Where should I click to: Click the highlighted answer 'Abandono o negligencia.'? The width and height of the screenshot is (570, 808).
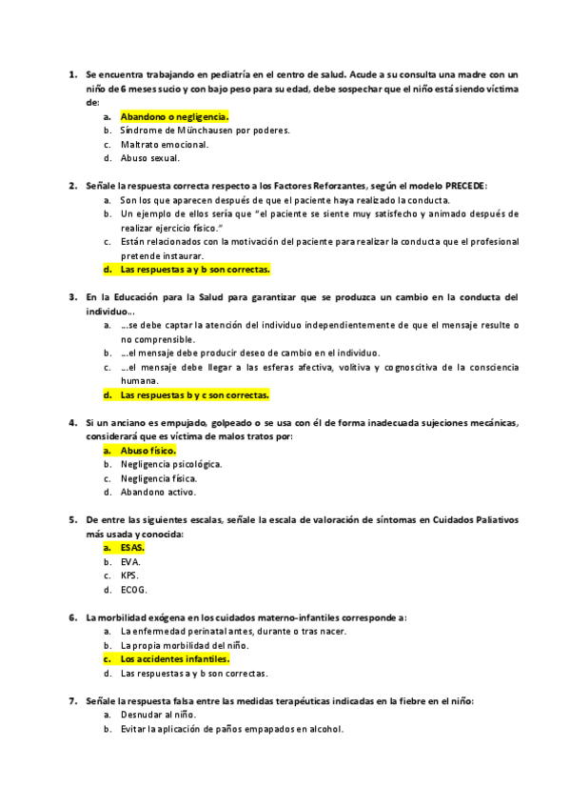pyautogui.click(x=175, y=116)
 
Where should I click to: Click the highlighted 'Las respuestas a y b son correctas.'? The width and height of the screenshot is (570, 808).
pyautogui.click(x=195, y=270)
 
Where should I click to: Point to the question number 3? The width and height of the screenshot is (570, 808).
pyautogui.click(x=73, y=296)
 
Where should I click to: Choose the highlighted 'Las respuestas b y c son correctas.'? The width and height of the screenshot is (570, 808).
pyautogui.click(x=195, y=394)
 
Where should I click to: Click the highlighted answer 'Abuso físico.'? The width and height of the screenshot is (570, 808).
pyautogui.click(x=147, y=450)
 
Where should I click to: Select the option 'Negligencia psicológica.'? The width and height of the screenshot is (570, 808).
pyautogui.click(x=170, y=464)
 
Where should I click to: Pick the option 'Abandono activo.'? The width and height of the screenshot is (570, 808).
pyautogui.click(x=158, y=493)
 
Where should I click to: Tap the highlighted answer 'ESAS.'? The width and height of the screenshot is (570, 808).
pyautogui.click(x=132, y=548)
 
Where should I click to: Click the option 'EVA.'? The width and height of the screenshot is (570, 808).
pyautogui.click(x=130, y=562)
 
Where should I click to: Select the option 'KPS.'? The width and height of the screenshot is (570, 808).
pyautogui.click(x=129, y=576)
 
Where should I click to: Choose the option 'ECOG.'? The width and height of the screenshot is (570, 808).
pyautogui.click(x=133, y=590)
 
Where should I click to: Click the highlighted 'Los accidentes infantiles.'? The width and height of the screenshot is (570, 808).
pyautogui.click(x=175, y=658)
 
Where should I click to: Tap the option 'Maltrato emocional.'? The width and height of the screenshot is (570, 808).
pyautogui.click(x=165, y=144)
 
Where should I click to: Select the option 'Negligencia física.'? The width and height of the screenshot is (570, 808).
pyautogui.click(x=159, y=478)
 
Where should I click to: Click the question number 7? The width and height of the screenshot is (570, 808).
pyautogui.click(x=73, y=700)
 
